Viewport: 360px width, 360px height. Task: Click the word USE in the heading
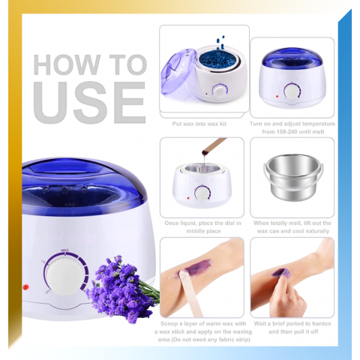pyautogui.click(x=89, y=102)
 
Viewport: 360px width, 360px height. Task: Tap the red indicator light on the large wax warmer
pyautogui.click(x=25, y=287)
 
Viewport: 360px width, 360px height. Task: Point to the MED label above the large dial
pyautogui.click(x=64, y=250)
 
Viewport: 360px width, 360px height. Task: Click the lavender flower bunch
pyautogui.click(x=120, y=287)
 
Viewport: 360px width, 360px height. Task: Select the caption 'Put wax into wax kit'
pyautogui.click(x=199, y=124)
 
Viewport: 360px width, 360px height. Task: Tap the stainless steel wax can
pyautogui.click(x=292, y=177)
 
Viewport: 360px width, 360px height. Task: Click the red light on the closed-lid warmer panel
pyautogui.click(x=277, y=96)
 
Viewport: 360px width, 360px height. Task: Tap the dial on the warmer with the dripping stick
pyautogui.click(x=202, y=193)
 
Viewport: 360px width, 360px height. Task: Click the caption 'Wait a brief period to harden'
pyautogui.click(x=292, y=323)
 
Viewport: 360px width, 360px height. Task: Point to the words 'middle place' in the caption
pyautogui.click(x=203, y=231)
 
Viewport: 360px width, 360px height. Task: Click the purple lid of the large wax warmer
pyautogui.click(x=84, y=186)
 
